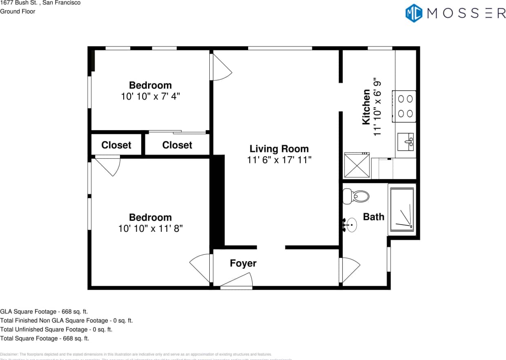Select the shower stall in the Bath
coord(402,209)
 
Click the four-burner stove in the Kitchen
coord(404,106)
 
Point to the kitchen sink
coord(406,142)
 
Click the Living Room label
coord(279,149)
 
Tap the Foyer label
coord(243,263)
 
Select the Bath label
coord(373,217)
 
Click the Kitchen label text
coord(366,107)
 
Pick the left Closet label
coord(116,145)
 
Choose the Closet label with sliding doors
coord(177,145)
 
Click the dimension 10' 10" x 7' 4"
coord(150,97)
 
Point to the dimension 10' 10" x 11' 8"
coord(150,229)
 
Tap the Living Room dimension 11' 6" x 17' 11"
coord(279,160)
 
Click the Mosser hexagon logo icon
coord(413,13)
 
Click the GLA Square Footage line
coord(44,311)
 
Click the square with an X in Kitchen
coord(357,165)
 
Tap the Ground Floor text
coord(18,11)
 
